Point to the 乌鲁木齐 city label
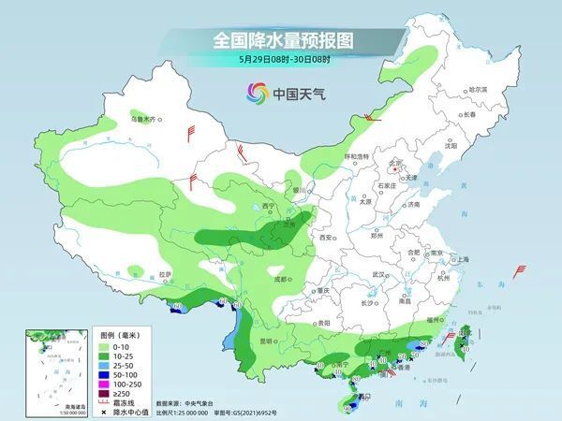pos(143,120)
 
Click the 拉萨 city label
pos(166,274)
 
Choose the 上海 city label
pos(460,259)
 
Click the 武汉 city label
pos(378,274)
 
